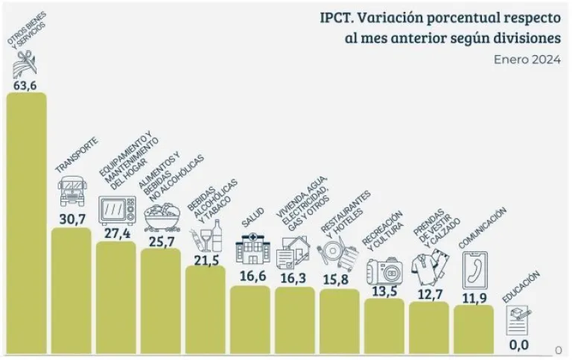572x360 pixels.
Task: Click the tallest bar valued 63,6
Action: pos(26,224)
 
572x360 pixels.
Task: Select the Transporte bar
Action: pos(71,291)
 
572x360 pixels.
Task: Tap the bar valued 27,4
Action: pos(116,298)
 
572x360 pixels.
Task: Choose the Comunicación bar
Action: pos(474,328)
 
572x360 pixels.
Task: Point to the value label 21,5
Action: pos(206,257)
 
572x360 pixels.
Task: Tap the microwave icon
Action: pos(117,210)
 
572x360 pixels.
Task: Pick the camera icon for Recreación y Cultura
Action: pos(384,269)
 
